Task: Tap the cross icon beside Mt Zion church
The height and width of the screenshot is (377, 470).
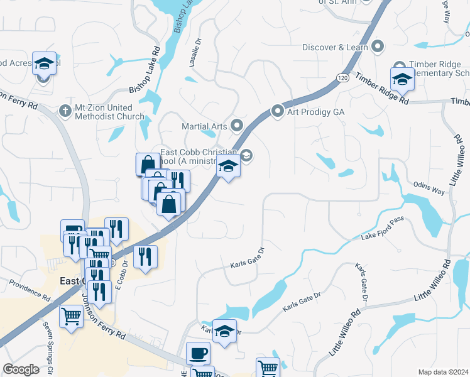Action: pyautogui.click(x=64, y=111)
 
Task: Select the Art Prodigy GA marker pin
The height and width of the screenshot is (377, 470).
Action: pyautogui.click(x=277, y=111)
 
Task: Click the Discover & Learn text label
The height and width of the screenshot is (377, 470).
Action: pyautogui.click(x=335, y=47)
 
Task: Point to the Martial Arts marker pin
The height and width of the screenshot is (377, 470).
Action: pyautogui.click(x=237, y=126)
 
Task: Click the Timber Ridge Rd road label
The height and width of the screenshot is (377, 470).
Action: pyautogui.click(x=382, y=89)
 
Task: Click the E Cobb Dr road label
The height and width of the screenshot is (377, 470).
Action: pyautogui.click(x=121, y=284)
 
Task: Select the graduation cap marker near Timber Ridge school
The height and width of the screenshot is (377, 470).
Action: pyautogui.click(x=402, y=79)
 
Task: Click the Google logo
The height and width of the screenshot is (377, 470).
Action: pyautogui.click(x=21, y=369)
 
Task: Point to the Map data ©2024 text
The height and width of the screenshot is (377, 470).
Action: pyautogui.click(x=443, y=372)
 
